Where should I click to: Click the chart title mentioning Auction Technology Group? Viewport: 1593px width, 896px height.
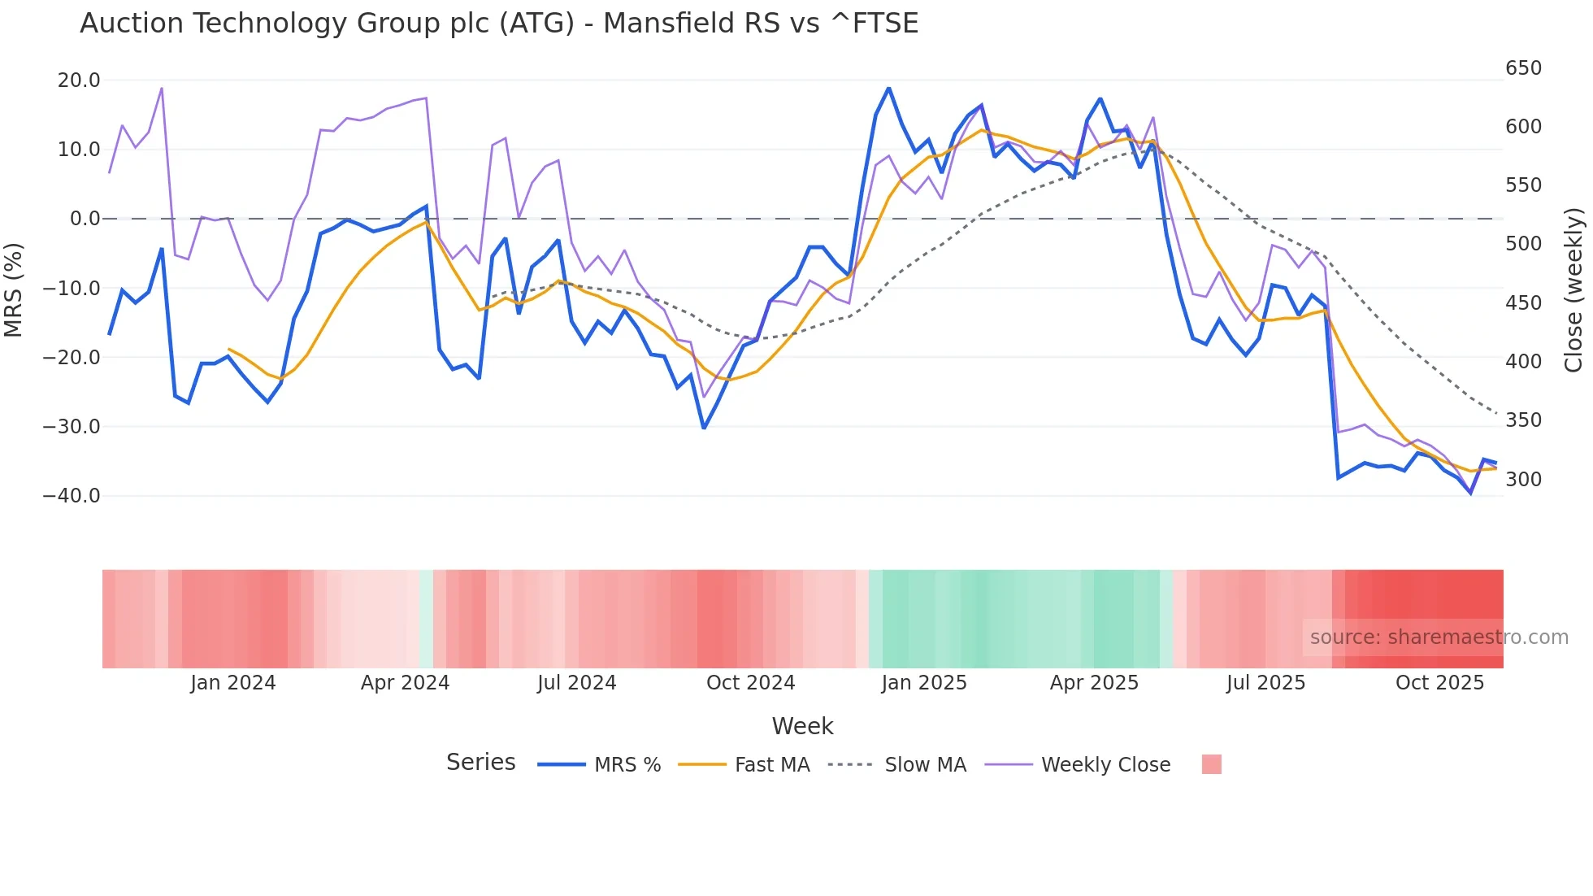coord(499,24)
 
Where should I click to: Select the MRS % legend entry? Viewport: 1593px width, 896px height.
coord(627,765)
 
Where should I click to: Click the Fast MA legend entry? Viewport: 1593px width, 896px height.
coord(771,765)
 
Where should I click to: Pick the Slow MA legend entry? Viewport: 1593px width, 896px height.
coord(925,765)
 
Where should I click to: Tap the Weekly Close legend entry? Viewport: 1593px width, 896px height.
coord(1105,765)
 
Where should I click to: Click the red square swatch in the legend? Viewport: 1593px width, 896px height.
coord(1211,764)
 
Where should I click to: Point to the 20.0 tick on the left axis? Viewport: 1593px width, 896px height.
coord(79,80)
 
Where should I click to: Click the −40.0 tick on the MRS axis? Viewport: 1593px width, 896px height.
coord(72,496)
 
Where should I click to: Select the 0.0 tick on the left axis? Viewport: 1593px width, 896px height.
coord(85,219)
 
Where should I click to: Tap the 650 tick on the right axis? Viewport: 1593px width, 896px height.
coord(1523,68)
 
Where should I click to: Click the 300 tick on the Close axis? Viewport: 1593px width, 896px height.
coord(1523,480)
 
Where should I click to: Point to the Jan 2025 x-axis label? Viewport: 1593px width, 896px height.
coord(924,683)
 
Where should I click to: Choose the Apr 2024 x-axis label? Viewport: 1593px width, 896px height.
coord(405,683)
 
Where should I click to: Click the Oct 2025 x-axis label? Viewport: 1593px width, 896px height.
coord(1439,683)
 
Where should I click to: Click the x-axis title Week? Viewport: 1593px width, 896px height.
coord(802,726)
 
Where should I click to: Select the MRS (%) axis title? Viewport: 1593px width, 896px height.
coord(13,289)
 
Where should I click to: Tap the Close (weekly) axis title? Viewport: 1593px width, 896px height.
coord(1573,289)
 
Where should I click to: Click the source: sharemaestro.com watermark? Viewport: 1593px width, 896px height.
coord(1439,637)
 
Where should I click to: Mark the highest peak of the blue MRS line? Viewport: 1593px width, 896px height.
coord(888,88)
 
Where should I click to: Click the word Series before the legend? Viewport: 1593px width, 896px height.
coord(480,763)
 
